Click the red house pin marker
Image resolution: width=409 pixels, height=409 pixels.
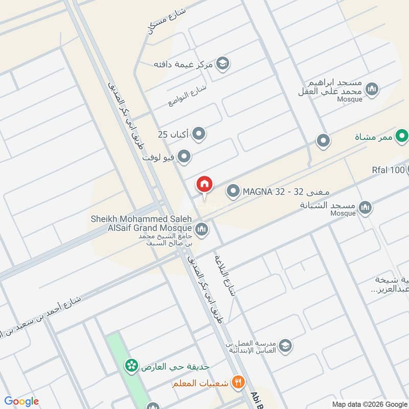point(204,185)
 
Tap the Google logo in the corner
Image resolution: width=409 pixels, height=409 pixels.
point(21,401)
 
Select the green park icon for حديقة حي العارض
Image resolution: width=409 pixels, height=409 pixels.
point(132,366)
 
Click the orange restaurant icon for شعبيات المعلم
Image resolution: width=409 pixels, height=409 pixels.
point(237,381)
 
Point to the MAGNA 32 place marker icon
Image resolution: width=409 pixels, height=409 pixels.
point(233,192)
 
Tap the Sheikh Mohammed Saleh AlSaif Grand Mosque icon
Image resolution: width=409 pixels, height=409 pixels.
point(201,229)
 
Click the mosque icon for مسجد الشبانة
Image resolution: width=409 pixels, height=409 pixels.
point(365,208)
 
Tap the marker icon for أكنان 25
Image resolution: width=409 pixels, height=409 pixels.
point(199,134)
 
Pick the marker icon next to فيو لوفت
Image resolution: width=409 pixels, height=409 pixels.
point(184,156)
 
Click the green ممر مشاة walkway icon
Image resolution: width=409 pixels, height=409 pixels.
point(402,137)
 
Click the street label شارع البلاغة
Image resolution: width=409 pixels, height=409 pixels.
point(225,276)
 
